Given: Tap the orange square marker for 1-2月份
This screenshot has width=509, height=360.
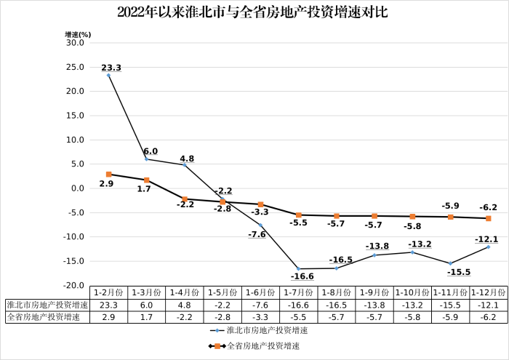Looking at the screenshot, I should [108, 175].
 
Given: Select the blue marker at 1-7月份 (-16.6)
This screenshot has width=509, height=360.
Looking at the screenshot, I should [298, 269].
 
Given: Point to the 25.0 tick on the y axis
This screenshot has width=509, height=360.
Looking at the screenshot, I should [75, 67].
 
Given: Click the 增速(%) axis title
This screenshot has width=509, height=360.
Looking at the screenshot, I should [77, 33].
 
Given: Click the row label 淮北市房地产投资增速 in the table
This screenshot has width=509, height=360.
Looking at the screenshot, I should [47, 305].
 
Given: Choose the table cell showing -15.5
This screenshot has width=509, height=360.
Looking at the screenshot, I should [450, 305].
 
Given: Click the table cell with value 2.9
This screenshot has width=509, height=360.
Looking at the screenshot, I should [108, 317].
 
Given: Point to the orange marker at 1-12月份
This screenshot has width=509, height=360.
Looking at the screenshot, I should [488, 218].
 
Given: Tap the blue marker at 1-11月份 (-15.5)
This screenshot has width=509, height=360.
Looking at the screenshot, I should [450, 263].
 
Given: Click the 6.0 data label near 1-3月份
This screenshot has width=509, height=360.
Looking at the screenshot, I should [150, 151].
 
